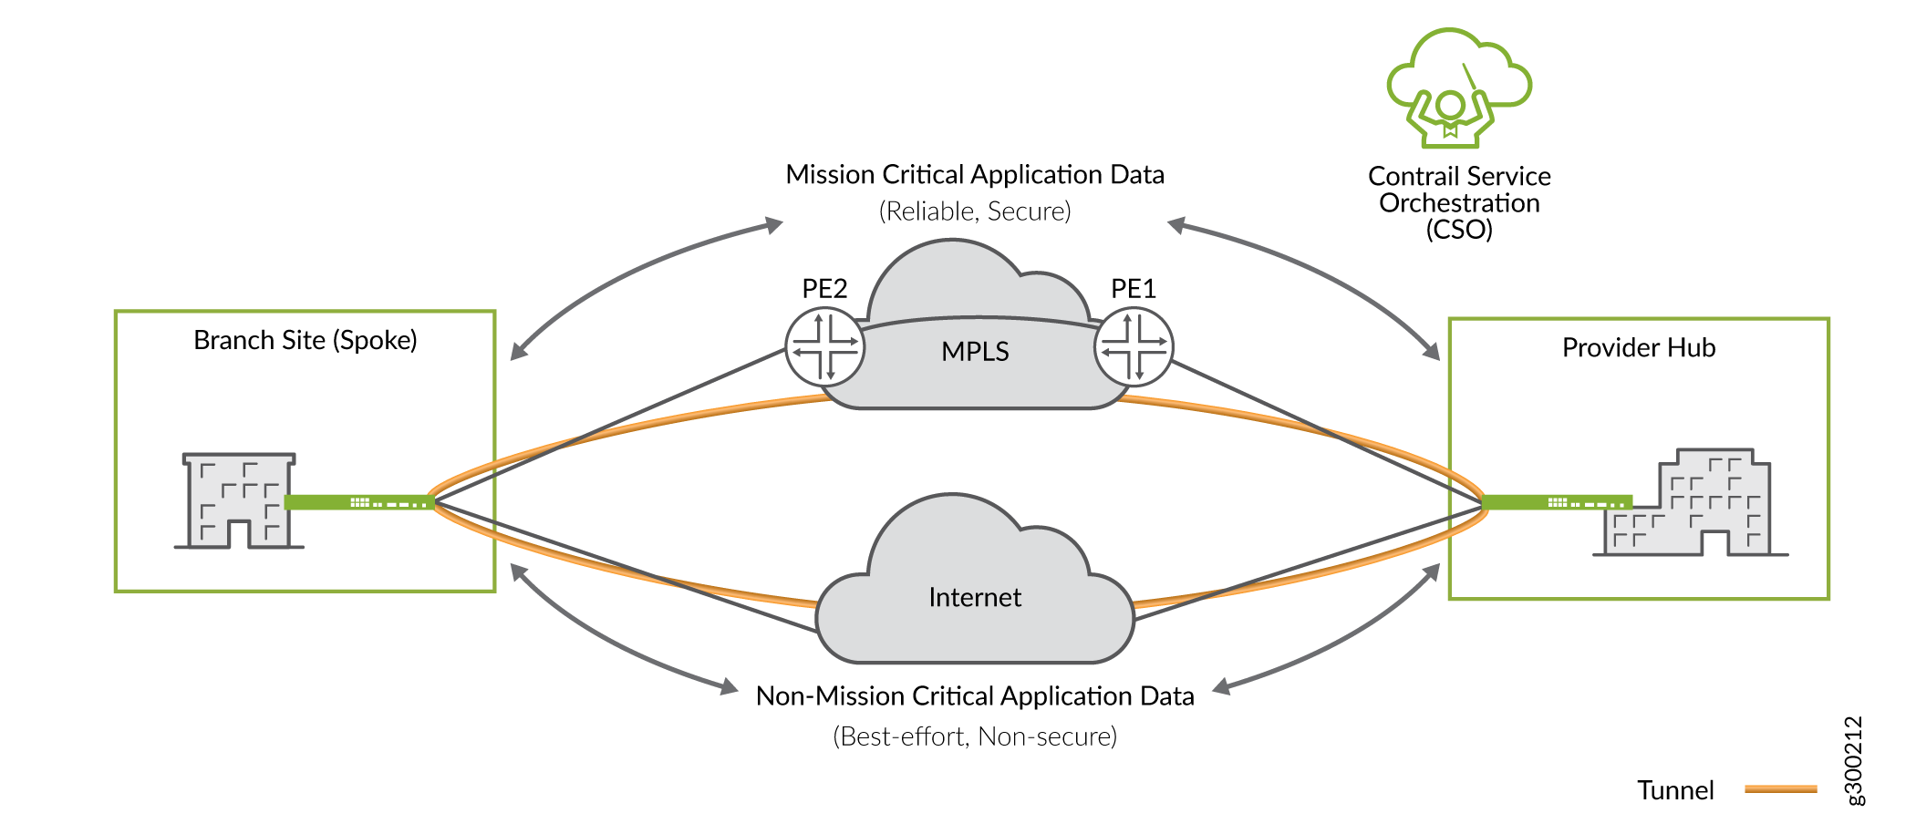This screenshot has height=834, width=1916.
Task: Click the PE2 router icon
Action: (x=825, y=347)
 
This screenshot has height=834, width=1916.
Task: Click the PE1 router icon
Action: (x=1134, y=347)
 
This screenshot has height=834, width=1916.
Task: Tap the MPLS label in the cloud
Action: (x=975, y=352)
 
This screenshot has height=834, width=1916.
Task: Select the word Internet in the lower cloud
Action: (x=975, y=598)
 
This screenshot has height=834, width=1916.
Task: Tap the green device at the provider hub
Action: (x=1556, y=502)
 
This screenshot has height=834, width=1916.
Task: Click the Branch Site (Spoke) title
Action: (x=305, y=341)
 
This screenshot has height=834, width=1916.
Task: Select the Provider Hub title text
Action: (x=1639, y=348)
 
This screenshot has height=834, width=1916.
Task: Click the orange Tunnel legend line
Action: (x=1780, y=789)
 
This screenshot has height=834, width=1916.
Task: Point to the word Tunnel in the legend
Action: (x=1675, y=790)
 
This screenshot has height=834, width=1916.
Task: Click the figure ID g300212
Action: (x=1854, y=760)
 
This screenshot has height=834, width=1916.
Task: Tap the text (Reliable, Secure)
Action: (x=975, y=211)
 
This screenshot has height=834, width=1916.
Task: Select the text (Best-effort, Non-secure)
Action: (x=975, y=736)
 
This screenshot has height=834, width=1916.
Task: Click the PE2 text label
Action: (x=824, y=289)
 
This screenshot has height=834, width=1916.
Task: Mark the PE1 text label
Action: (x=1134, y=289)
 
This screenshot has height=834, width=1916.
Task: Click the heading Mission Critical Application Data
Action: (x=975, y=174)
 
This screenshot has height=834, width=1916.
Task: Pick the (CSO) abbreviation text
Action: (x=1459, y=230)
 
